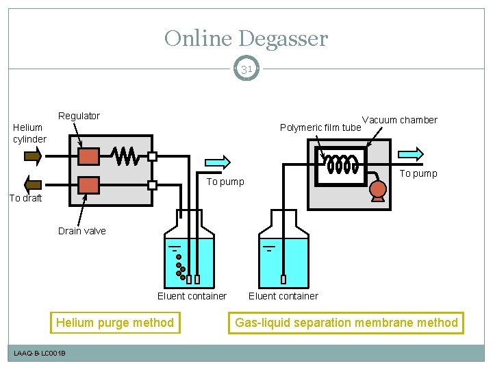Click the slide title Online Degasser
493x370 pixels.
[x=246, y=38]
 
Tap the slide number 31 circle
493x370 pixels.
[x=246, y=69]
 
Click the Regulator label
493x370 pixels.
[x=79, y=116]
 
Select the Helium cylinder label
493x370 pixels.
[x=28, y=133]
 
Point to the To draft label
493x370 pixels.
[x=25, y=198]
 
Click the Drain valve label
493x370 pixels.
[x=82, y=231]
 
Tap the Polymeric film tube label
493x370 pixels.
[x=320, y=127]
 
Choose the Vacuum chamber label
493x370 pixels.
[x=399, y=120]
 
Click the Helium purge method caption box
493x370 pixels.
[x=115, y=322]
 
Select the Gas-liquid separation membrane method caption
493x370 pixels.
[x=346, y=322]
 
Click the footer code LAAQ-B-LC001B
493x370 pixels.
[x=40, y=353]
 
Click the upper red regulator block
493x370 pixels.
[x=88, y=156]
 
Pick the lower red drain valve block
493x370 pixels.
[x=88, y=185]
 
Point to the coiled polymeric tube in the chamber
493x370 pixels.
[x=342, y=164]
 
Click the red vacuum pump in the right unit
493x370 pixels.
[x=377, y=190]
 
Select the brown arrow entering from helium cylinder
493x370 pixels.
[x=33, y=156]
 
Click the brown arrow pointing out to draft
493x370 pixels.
[x=33, y=184]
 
